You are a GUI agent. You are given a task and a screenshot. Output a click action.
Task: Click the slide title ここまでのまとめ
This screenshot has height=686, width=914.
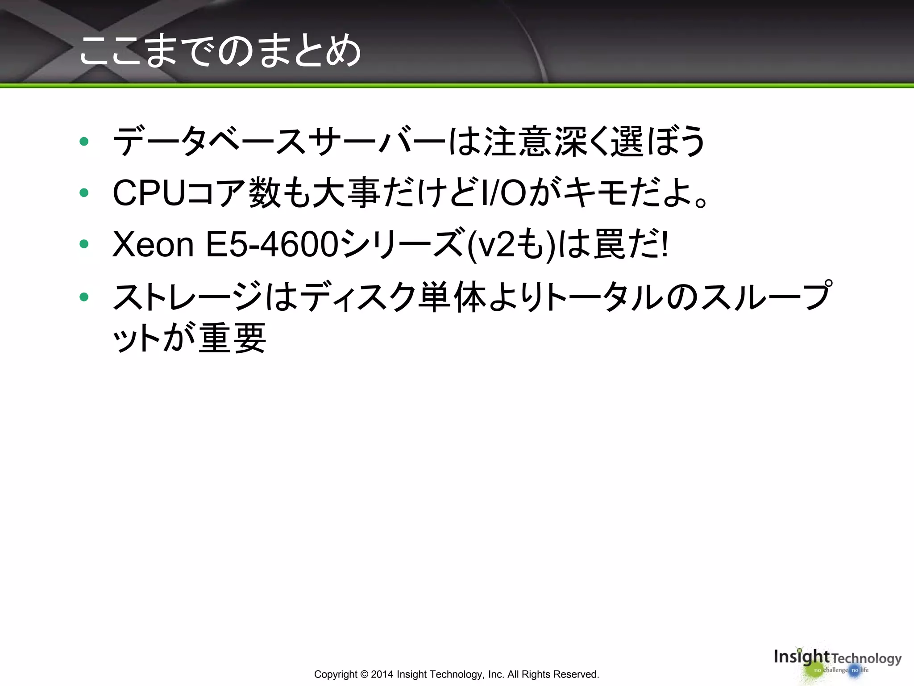(220, 50)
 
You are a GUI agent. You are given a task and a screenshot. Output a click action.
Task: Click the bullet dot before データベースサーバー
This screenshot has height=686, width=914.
(84, 142)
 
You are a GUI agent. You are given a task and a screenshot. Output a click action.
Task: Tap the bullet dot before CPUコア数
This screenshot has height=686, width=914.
(84, 193)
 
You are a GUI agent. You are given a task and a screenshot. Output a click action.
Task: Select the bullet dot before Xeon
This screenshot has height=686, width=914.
(84, 244)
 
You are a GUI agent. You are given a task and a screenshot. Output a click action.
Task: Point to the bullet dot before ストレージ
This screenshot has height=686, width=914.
(84, 297)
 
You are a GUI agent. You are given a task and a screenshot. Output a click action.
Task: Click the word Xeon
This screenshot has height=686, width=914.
(153, 244)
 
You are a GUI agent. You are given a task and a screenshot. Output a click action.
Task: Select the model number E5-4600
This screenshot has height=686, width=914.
(271, 244)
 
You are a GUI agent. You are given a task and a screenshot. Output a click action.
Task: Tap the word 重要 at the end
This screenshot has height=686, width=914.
(232, 338)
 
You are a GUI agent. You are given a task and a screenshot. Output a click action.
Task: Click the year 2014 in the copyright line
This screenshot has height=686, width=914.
(382, 674)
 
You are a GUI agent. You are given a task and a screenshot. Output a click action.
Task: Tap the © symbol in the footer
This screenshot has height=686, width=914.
(364, 674)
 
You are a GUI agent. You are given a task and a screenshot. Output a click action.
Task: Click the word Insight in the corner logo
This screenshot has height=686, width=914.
(801, 657)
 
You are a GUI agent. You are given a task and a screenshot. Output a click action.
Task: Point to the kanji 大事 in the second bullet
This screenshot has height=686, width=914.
(346, 193)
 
